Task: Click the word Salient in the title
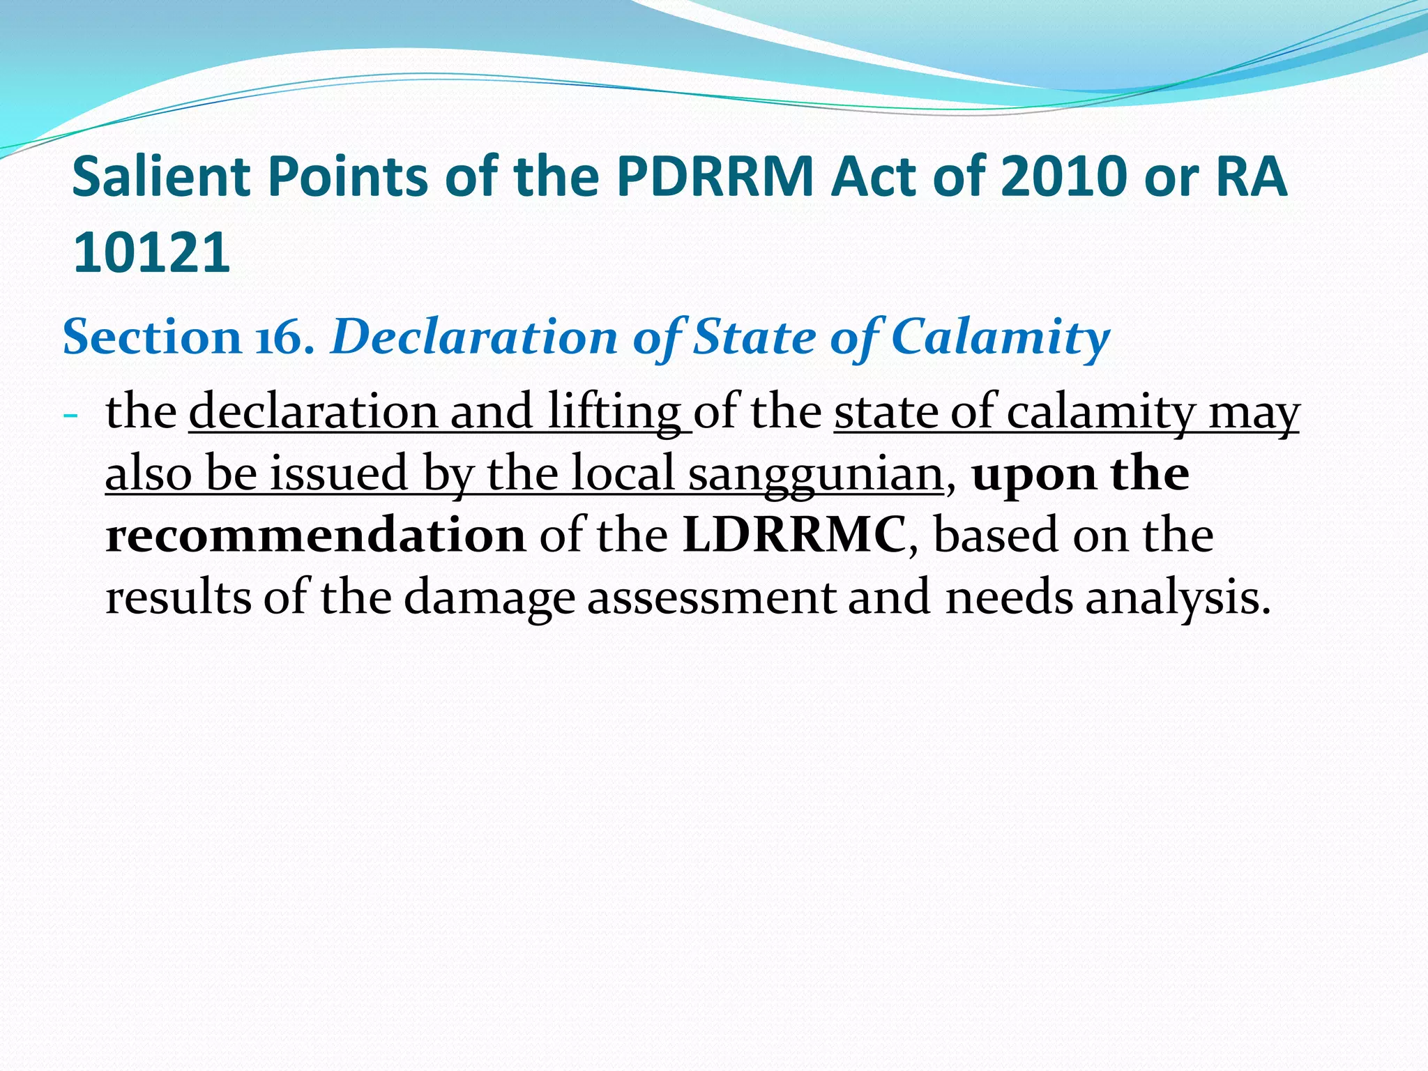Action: [162, 177]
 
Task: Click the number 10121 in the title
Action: [151, 252]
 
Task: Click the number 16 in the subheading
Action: [284, 338]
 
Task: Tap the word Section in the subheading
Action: [151, 338]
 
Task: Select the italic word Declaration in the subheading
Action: [474, 338]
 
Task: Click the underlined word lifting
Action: [614, 413]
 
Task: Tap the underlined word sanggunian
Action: [816, 475]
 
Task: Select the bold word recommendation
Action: [315, 535]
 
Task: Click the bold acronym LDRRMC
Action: [795, 535]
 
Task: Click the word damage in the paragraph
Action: [489, 598]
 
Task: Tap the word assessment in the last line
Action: [711, 598]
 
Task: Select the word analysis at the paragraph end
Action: [1177, 598]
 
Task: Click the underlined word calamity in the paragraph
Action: [1102, 413]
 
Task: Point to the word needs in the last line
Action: [1009, 598]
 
